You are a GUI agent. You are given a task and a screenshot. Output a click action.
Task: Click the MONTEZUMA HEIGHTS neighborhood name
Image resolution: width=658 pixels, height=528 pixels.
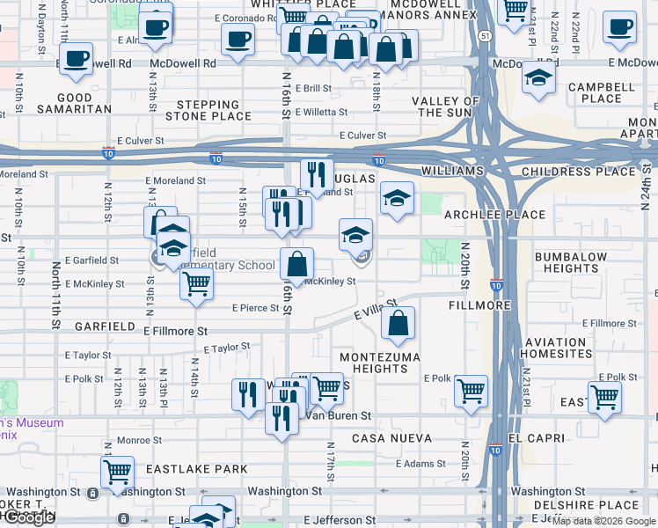pyautogui.click(x=379, y=362)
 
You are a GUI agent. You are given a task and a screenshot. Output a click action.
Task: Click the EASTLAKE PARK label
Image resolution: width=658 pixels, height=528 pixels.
pyautogui.click(x=197, y=469)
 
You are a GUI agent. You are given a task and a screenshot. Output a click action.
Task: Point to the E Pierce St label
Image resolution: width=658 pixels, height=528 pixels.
pyautogui.click(x=254, y=308)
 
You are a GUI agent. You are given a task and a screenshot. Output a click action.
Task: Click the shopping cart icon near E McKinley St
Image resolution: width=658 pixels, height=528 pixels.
pyautogui.click(x=196, y=283)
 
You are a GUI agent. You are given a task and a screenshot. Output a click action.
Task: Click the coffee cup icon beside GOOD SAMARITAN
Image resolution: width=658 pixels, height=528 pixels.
pyautogui.click(x=77, y=58)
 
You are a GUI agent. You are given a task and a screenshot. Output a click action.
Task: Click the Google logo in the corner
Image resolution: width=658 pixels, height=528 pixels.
pyautogui.click(x=28, y=517)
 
